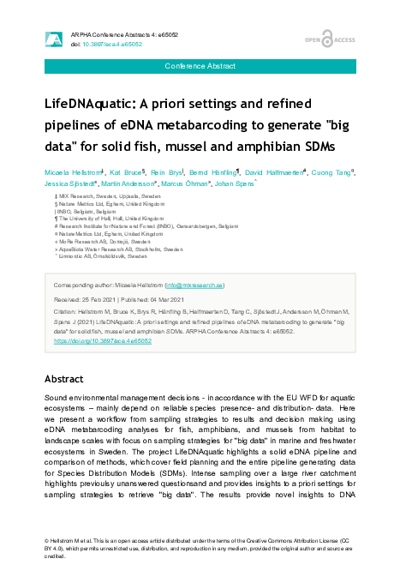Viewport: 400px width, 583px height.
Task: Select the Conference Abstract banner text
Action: click(200, 66)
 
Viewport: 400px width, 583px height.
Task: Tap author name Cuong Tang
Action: click(334, 172)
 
